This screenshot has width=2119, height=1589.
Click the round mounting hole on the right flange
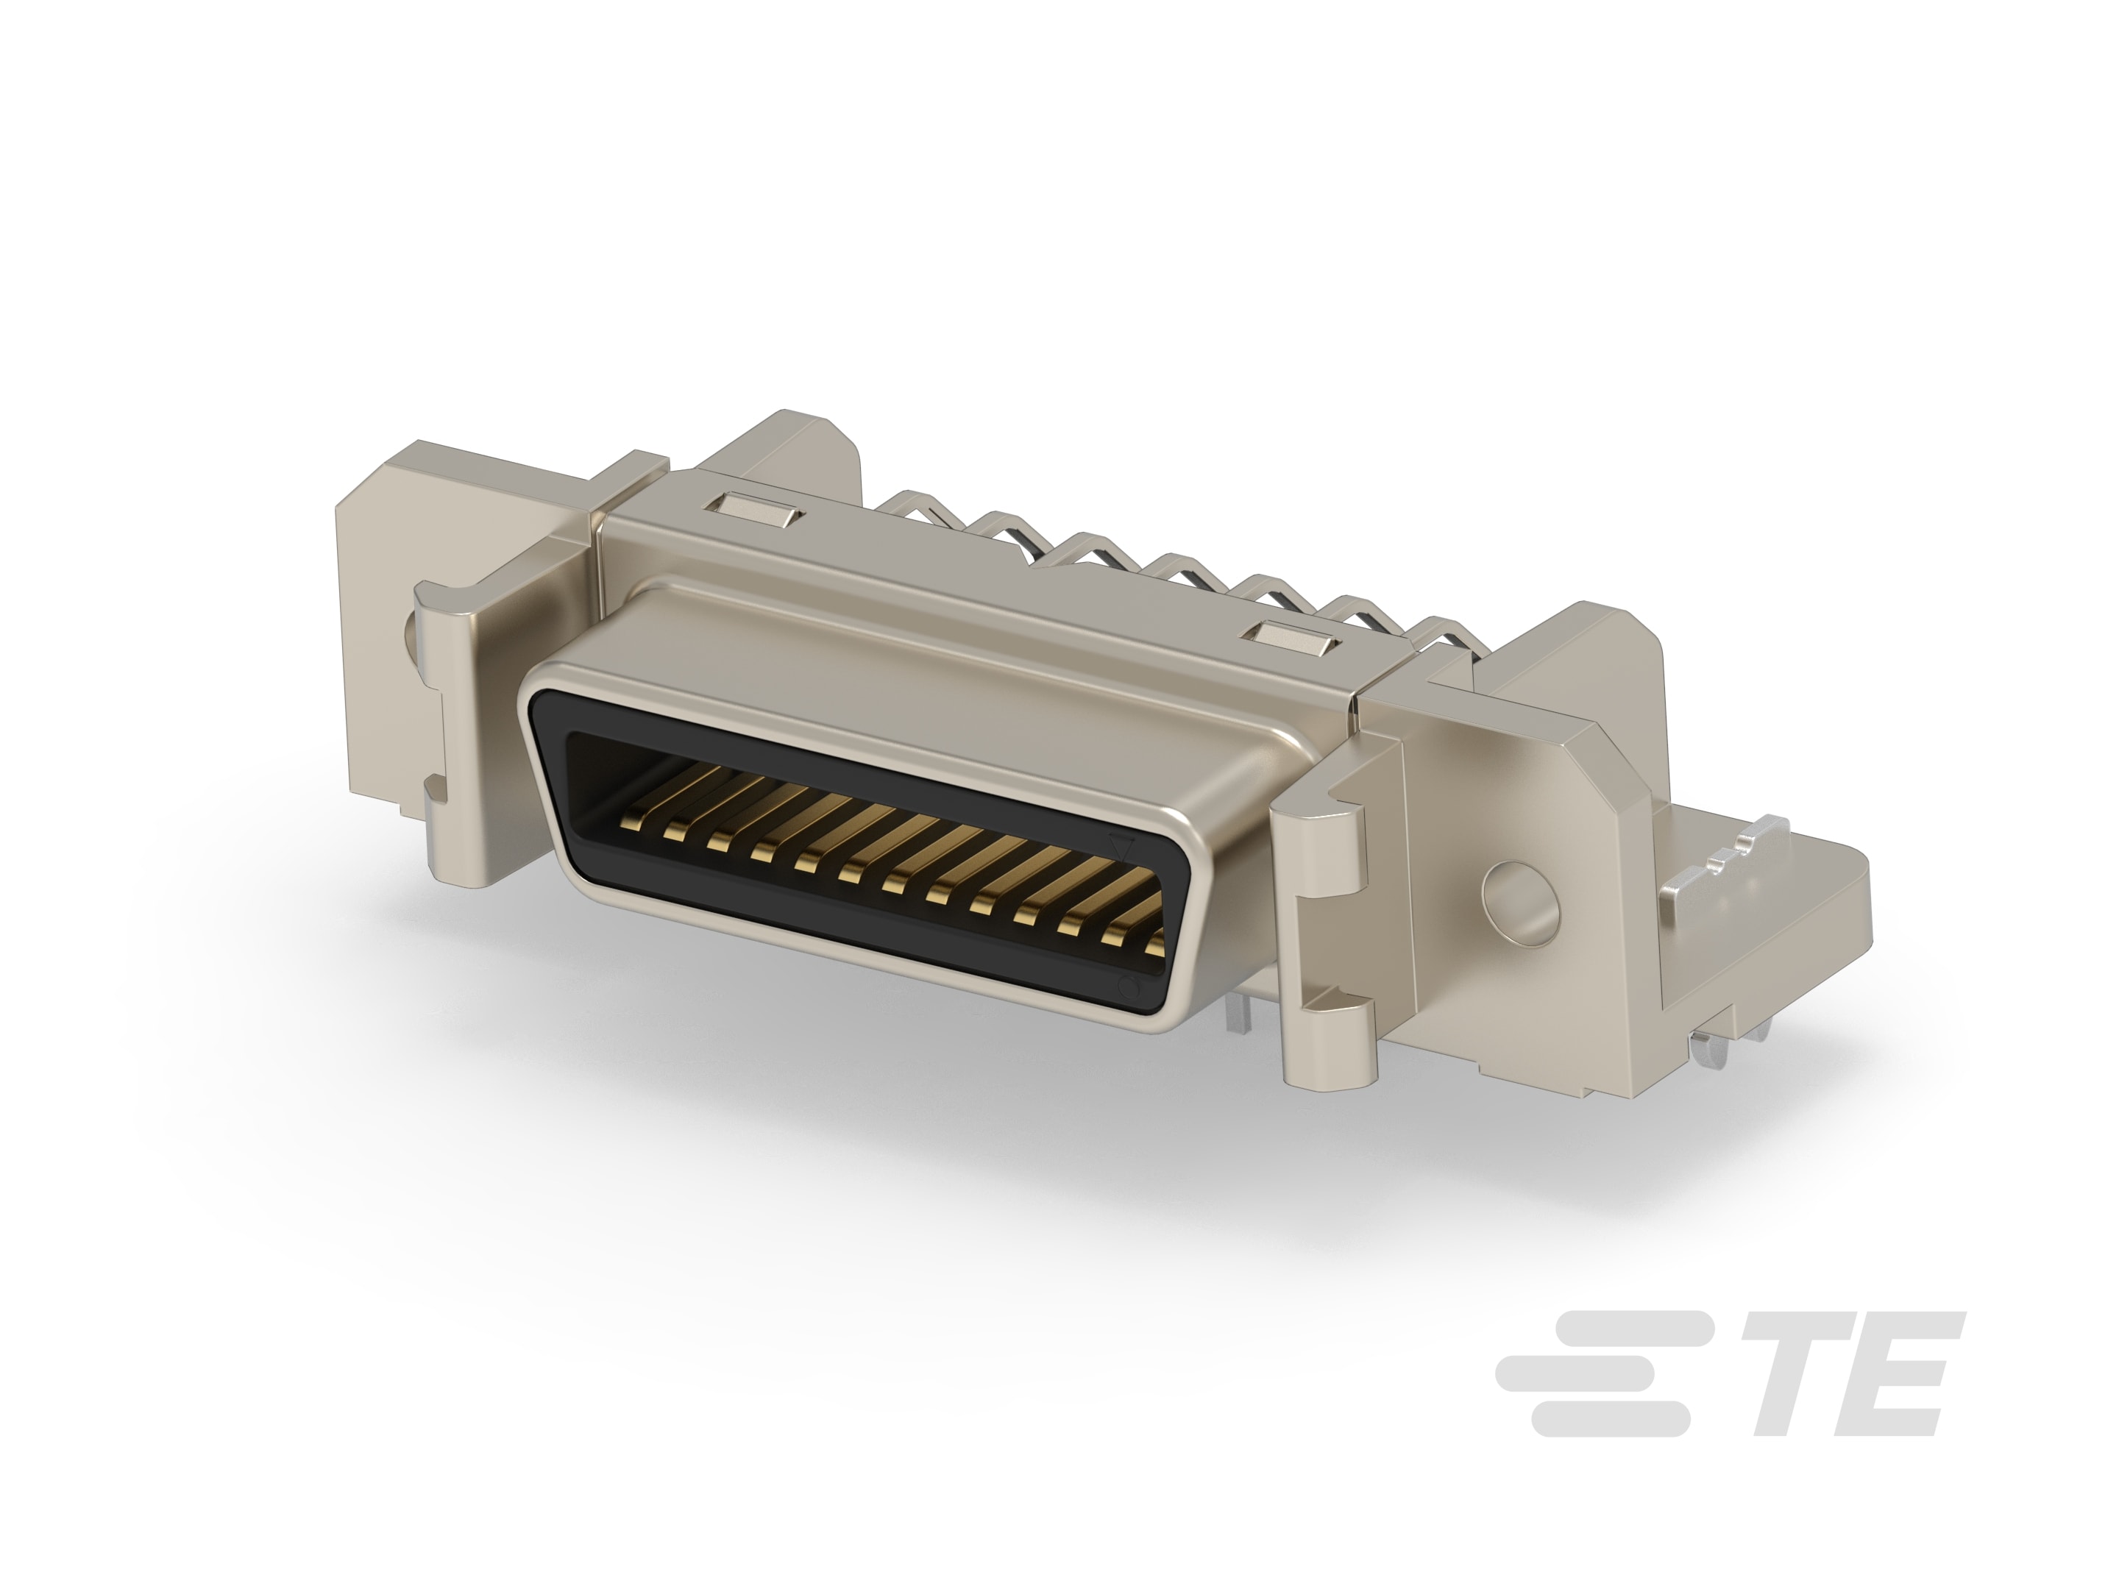[1519, 903]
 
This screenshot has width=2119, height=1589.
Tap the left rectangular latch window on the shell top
[758, 508]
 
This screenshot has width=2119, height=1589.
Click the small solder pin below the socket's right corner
[1240, 1017]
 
